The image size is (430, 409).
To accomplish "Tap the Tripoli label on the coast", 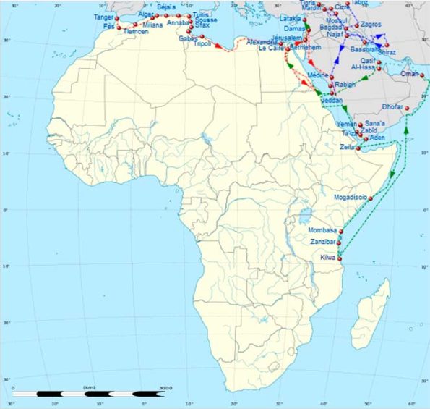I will tap(203, 44).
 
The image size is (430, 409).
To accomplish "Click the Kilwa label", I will tap(327, 258).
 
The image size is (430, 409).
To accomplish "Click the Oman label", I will tap(409, 74).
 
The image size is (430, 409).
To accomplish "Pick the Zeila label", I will tap(347, 147).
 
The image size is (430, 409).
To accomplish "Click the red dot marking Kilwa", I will tap(340, 258).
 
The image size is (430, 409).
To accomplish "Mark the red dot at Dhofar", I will tap(408, 109).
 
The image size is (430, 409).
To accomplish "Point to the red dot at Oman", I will tap(422, 75).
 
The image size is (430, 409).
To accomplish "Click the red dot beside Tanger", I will tap(117, 18).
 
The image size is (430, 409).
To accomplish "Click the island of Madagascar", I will tap(377, 304).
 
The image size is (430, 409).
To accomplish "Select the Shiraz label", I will tap(387, 52).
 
